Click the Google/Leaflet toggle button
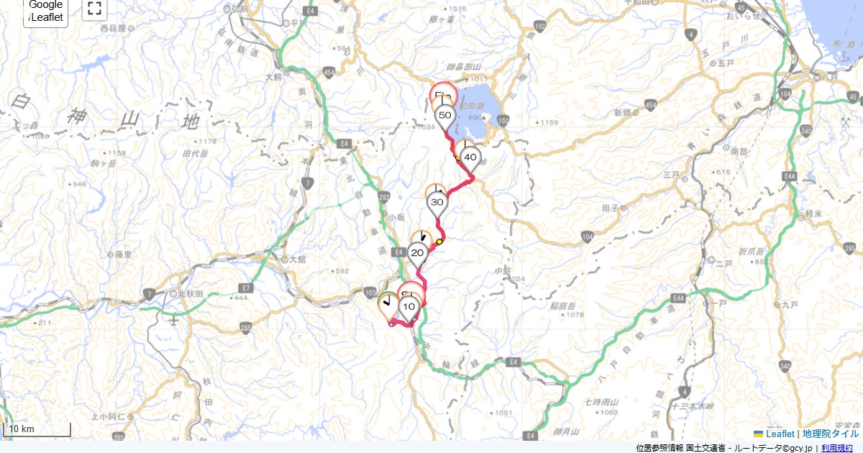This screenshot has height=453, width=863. tap(45, 11)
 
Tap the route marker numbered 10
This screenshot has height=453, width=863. tap(409, 308)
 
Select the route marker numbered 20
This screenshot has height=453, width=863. tap(417, 253)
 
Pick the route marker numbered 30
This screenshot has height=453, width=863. tap(437, 203)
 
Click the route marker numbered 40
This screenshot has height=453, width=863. tap(470, 157)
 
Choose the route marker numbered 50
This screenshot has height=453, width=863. tap(444, 116)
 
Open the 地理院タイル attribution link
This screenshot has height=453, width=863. tap(831, 434)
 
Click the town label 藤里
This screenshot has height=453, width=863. tap(123, 254)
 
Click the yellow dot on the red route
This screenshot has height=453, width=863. tap(439, 242)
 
